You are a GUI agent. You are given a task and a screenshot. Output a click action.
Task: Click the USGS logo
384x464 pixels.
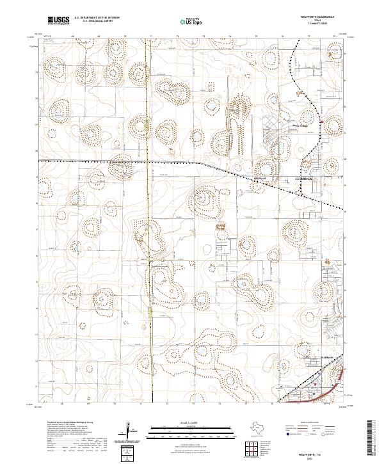(58, 20)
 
